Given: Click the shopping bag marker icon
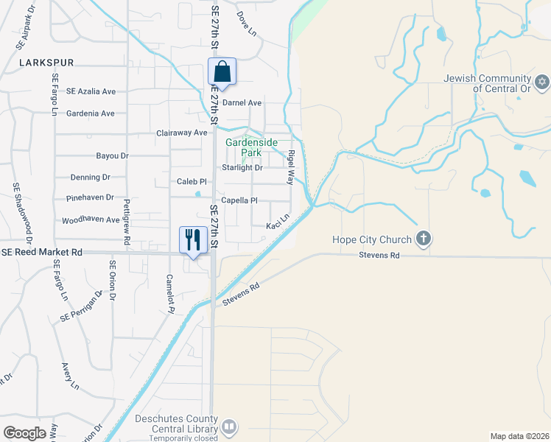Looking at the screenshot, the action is [x=222, y=72].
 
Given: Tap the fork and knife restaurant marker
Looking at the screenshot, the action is [x=193, y=239].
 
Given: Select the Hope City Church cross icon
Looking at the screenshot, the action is [x=423, y=238].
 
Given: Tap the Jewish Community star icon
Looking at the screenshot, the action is [x=542, y=80].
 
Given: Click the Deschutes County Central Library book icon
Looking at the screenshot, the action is [x=229, y=426].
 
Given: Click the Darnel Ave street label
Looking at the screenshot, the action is [x=242, y=103].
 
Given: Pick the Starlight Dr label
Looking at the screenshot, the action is [x=242, y=167].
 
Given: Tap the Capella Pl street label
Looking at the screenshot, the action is [x=239, y=200].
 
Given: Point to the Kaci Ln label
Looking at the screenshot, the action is [x=278, y=221].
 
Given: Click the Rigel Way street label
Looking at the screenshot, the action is [x=291, y=166].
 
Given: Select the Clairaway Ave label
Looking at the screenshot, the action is [x=182, y=133].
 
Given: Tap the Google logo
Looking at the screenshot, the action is [x=24, y=432].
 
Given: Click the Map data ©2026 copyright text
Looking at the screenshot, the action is [x=519, y=435].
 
